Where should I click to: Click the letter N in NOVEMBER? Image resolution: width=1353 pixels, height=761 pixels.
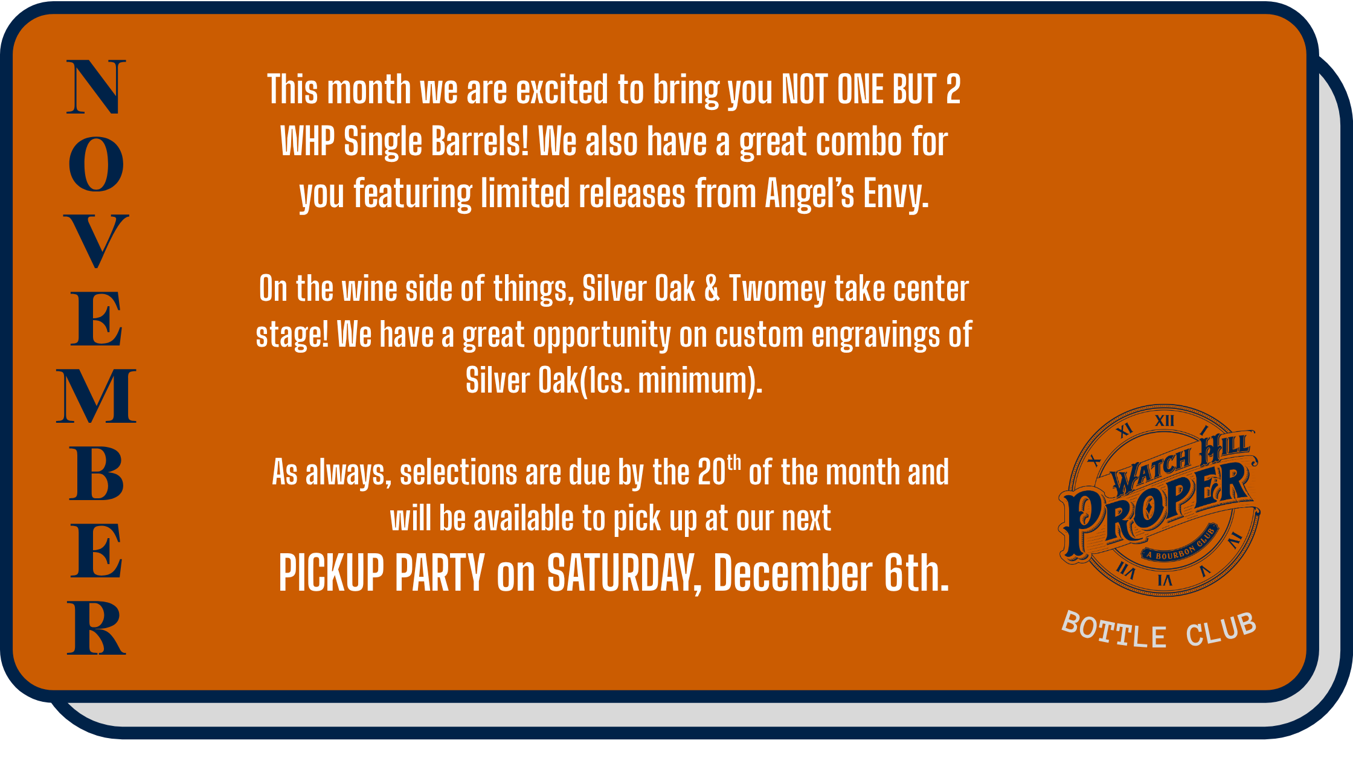96,87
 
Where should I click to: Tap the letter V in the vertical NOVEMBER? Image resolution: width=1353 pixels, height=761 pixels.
96,241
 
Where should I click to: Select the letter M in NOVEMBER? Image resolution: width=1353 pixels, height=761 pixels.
96,396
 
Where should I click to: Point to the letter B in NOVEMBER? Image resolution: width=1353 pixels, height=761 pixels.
96,473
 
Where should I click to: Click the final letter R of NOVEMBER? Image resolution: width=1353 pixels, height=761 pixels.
96,628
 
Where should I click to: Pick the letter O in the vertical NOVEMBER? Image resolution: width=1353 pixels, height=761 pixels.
96,164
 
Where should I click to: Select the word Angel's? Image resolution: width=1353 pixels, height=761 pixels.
810,194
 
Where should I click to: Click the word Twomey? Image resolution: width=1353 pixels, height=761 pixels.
777,289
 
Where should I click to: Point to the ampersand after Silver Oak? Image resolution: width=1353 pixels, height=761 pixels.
712,289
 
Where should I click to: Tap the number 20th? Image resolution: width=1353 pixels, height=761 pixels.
719,471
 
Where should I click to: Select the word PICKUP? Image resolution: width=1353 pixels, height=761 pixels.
331,573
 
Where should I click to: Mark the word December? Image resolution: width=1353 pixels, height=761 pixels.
792,573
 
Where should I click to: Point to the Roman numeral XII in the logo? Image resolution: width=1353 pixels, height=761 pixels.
1165,420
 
